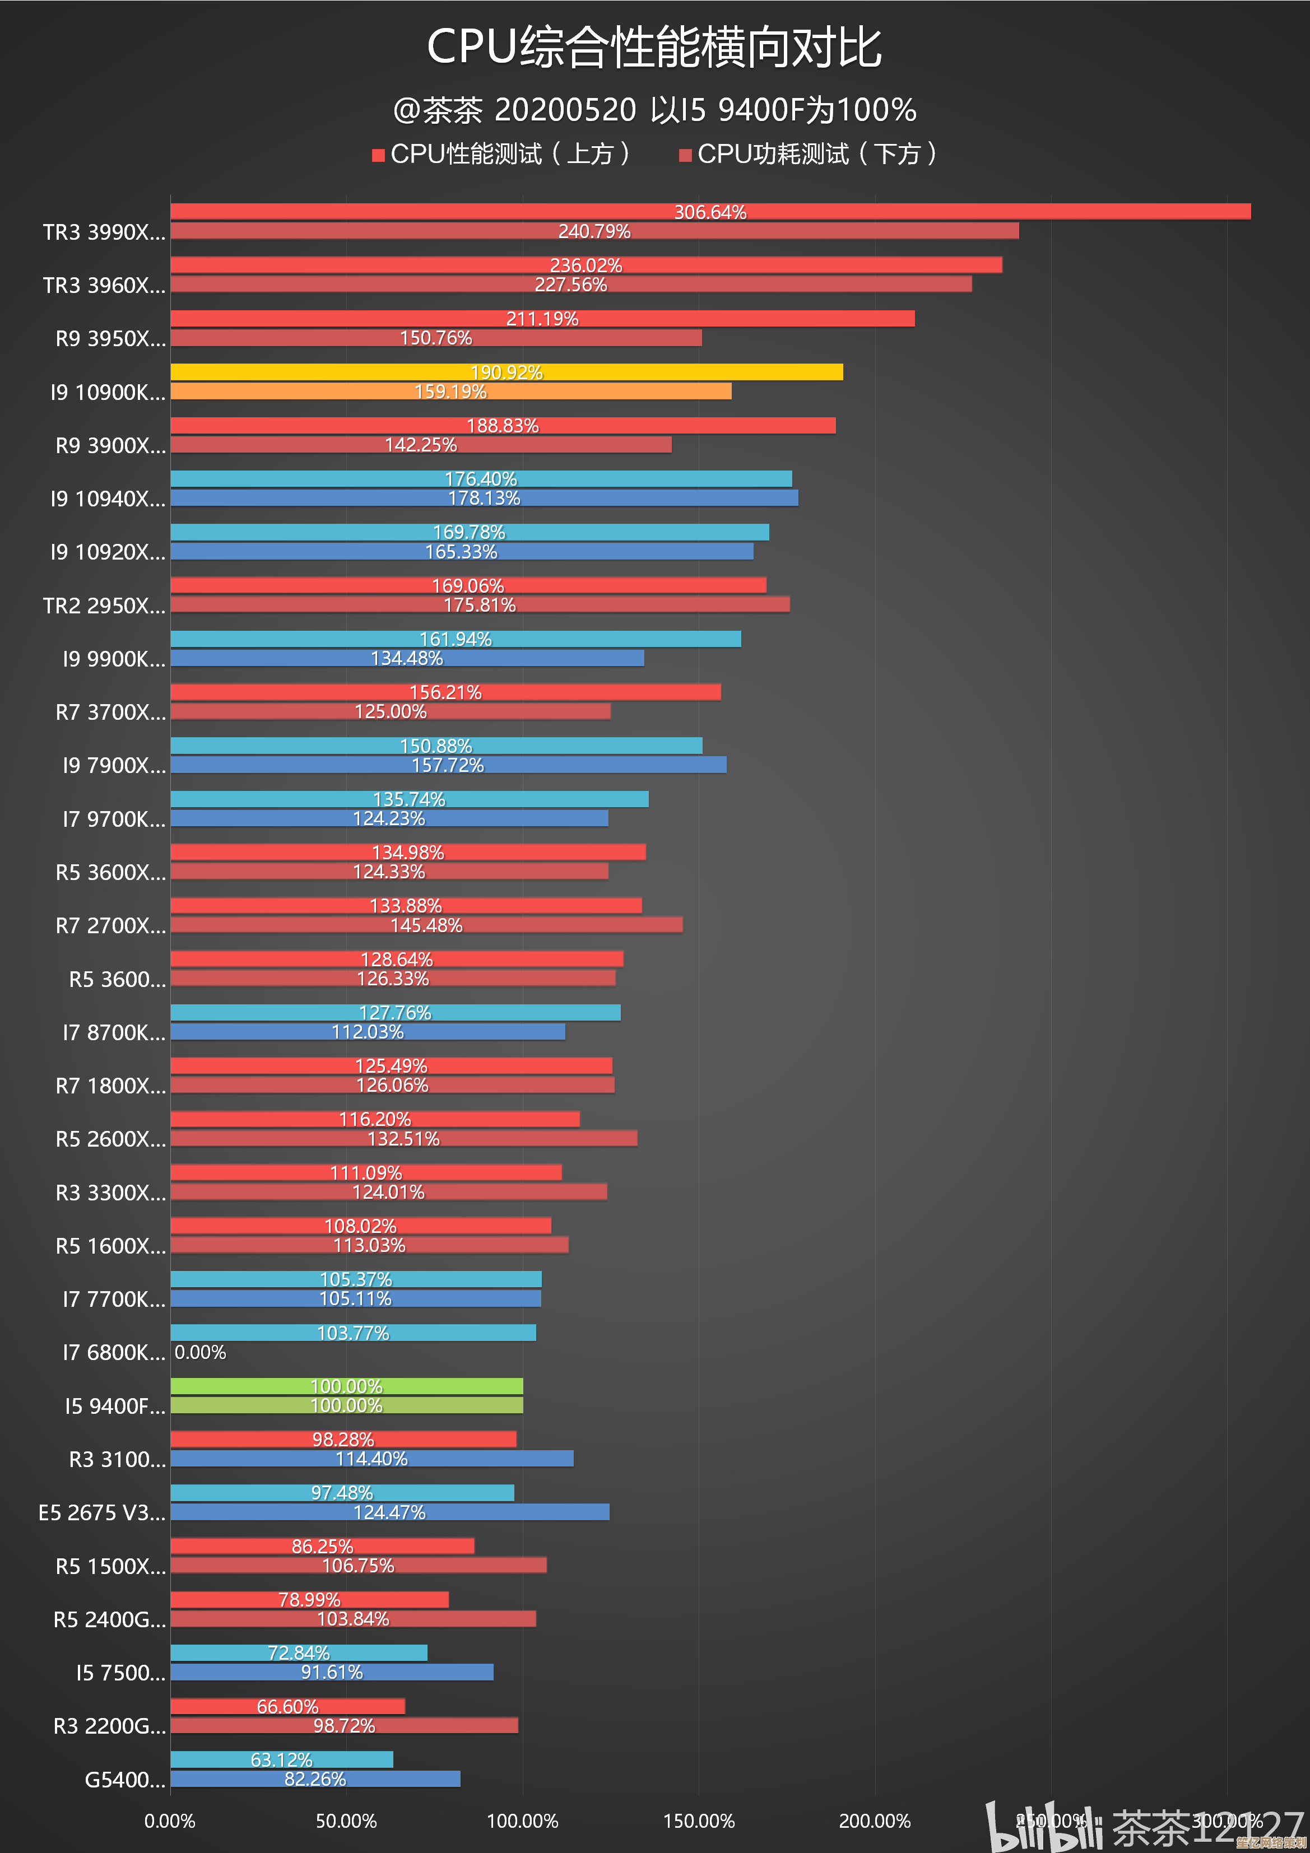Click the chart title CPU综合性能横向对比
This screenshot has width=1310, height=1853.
coord(654,47)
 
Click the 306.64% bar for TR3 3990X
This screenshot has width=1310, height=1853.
coord(710,211)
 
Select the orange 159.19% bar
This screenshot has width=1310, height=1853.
coord(450,392)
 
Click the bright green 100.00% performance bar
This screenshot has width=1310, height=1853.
coord(346,1386)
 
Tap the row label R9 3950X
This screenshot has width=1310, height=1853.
coord(110,339)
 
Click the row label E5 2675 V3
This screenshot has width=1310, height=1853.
coord(102,1512)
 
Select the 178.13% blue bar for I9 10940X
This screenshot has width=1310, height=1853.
coord(484,498)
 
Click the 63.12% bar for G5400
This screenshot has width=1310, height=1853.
coord(282,1759)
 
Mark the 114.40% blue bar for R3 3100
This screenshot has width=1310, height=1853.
coord(371,1458)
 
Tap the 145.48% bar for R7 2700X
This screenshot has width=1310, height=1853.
coord(426,925)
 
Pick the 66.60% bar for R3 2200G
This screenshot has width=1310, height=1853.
coord(287,1706)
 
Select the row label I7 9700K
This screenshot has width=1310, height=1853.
coord(114,819)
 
